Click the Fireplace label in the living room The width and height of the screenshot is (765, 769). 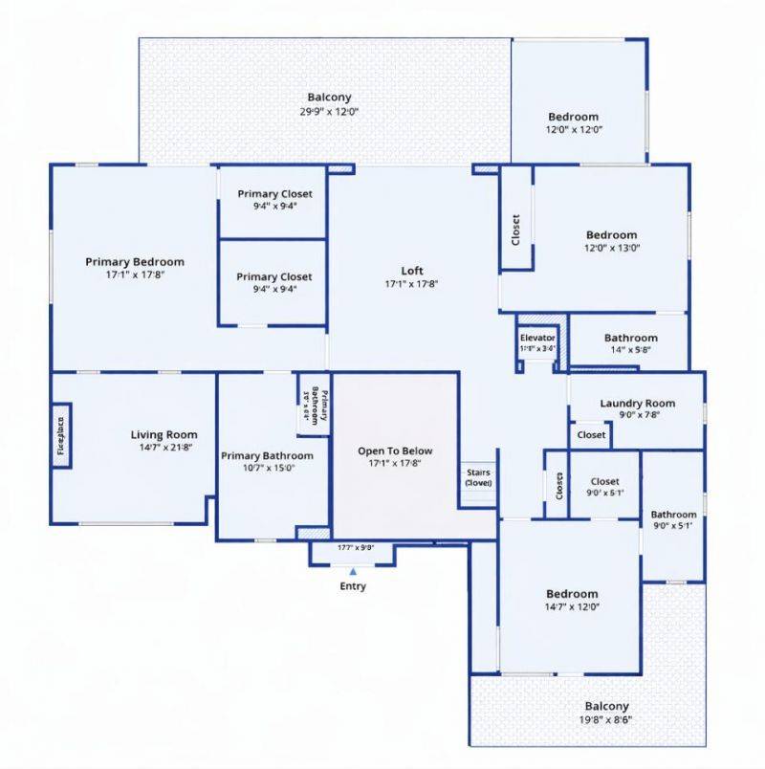(x=60, y=435)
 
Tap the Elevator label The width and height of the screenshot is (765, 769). (x=537, y=338)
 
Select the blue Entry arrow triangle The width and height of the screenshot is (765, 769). (x=353, y=571)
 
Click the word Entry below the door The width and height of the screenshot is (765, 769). (x=353, y=586)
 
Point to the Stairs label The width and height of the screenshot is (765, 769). (x=478, y=472)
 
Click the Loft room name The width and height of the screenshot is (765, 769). (x=411, y=271)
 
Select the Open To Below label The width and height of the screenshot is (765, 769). (x=395, y=450)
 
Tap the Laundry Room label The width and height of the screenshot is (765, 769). (x=637, y=404)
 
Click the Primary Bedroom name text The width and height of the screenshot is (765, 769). (x=135, y=261)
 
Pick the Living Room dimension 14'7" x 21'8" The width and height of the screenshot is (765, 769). (x=164, y=447)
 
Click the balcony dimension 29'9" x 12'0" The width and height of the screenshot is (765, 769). (x=329, y=111)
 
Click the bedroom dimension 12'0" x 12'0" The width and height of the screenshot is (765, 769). (x=574, y=129)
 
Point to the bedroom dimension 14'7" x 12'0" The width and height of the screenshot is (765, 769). (x=572, y=606)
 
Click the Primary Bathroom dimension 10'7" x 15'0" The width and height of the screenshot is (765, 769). (x=267, y=468)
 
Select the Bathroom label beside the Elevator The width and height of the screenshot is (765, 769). (x=630, y=338)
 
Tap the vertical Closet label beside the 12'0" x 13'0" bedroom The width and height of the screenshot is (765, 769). (x=515, y=230)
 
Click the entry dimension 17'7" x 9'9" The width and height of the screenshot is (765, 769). (x=355, y=548)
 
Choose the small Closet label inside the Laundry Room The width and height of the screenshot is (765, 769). (x=591, y=435)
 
